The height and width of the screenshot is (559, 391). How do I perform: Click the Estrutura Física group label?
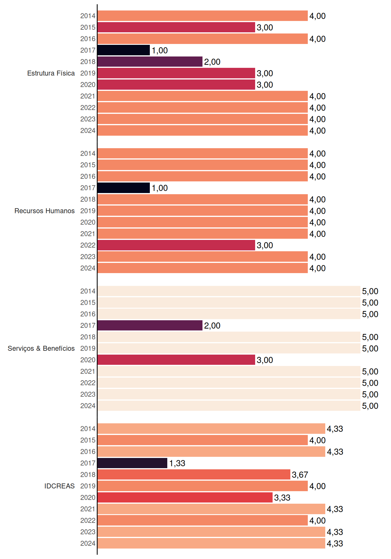point(51,73)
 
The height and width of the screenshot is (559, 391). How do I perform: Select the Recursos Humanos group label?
point(45,211)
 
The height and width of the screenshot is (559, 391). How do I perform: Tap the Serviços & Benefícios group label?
point(41,349)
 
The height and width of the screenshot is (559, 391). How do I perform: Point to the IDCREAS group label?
point(59,486)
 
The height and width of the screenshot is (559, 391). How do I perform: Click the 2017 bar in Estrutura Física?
point(124,50)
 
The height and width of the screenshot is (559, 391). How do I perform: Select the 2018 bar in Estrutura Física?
point(150,62)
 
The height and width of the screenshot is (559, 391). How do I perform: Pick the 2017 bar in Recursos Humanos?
point(124,188)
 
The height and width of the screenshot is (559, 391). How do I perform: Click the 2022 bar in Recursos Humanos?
point(176,245)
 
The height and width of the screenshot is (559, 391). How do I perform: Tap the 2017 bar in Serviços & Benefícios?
point(150,326)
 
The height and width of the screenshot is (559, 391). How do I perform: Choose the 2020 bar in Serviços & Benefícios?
point(176,360)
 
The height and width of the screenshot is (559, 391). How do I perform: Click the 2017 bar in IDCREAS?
point(132,463)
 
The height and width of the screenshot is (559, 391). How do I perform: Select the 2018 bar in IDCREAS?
point(194,475)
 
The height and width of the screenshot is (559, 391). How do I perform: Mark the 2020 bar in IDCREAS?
point(185,498)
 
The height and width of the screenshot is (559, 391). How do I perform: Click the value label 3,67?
point(300,475)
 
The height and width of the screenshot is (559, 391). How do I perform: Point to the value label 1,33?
point(177,463)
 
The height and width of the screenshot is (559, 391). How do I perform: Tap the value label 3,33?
point(282,498)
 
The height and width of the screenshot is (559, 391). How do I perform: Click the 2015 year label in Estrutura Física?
point(88,27)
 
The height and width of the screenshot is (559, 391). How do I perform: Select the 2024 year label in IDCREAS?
point(88,543)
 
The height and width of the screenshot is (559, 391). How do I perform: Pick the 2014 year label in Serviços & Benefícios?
point(88,291)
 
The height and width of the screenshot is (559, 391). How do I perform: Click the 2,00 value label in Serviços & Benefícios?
point(212,326)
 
